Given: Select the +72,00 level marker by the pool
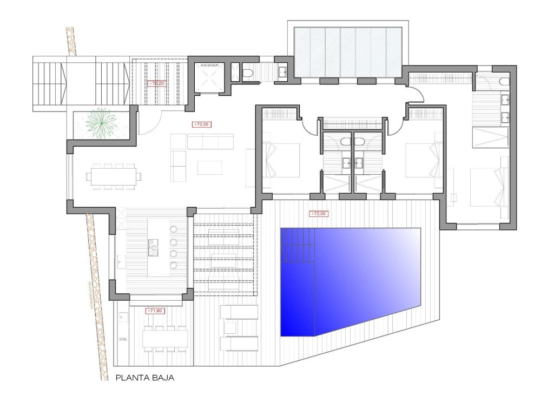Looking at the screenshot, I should pyautogui.click(x=319, y=214).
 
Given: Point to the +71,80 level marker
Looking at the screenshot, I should pyautogui.click(x=155, y=311).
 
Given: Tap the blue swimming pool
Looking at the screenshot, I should pyautogui.click(x=352, y=281).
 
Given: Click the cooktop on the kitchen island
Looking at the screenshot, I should pyautogui.click(x=153, y=248).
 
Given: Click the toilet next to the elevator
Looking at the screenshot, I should pyautogui.click(x=247, y=74).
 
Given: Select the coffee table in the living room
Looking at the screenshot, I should pyautogui.click(x=210, y=168).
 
